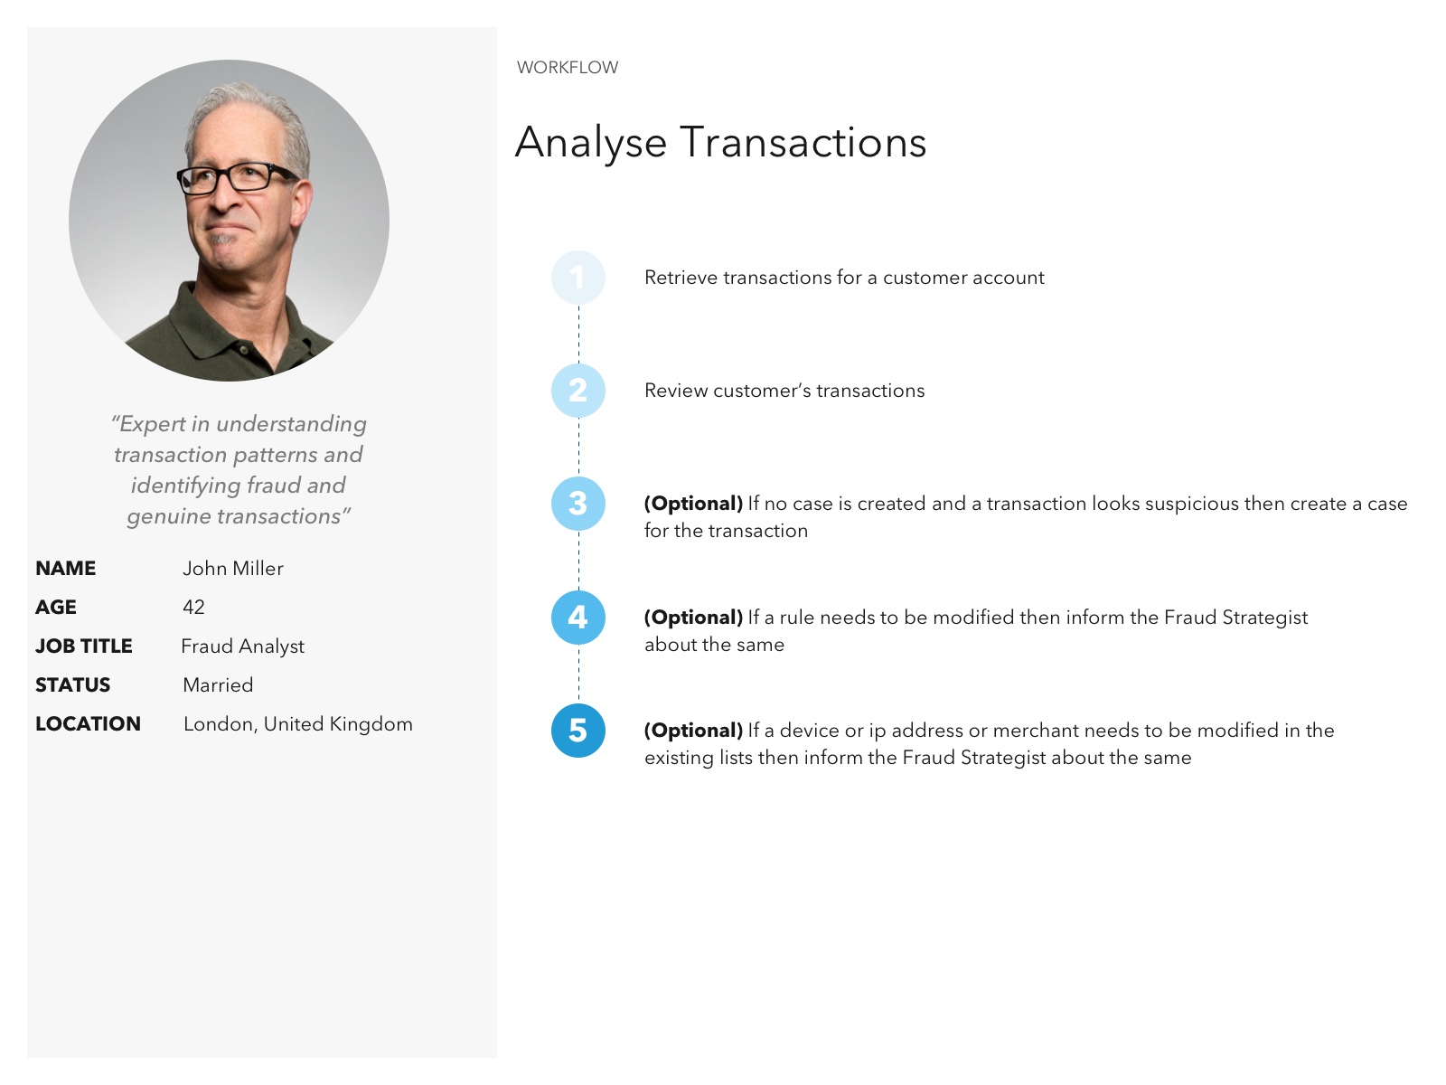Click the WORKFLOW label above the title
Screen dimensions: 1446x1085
(x=568, y=67)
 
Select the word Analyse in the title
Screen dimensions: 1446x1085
(x=591, y=143)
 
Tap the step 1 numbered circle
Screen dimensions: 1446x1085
(x=577, y=278)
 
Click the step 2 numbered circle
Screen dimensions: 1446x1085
(x=577, y=391)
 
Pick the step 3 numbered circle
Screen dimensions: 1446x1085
(x=577, y=504)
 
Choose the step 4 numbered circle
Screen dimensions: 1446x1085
(x=577, y=618)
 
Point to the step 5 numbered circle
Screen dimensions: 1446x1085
(x=577, y=731)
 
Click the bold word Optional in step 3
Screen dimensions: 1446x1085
(x=694, y=504)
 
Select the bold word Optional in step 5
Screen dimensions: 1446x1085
(x=694, y=731)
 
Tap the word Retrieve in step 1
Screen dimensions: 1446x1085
(x=681, y=278)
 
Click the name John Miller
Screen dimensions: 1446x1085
(x=233, y=569)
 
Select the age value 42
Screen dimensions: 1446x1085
(x=193, y=608)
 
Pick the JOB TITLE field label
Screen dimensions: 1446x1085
(x=84, y=646)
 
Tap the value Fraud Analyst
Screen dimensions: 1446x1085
(x=242, y=646)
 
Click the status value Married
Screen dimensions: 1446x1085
(x=218, y=685)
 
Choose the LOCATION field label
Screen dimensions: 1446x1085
(x=89, y=724)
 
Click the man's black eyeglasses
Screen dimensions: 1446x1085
(x=237, y=176)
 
